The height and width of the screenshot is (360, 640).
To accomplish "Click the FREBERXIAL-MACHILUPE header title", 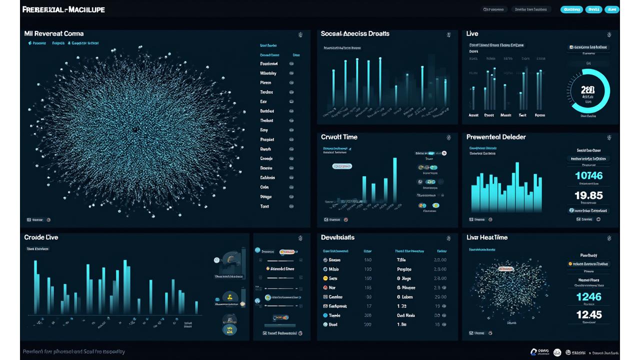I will pos(63,9).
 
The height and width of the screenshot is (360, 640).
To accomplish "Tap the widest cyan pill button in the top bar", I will pos(571,9).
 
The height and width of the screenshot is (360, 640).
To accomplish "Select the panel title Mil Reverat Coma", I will pos(54,34).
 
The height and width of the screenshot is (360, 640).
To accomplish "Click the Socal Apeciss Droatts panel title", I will pos(355,34).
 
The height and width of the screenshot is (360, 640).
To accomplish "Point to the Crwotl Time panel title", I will pos(339,137).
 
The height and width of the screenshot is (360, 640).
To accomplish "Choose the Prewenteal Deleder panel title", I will pos(496,137).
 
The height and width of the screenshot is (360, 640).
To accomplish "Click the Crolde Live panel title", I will pos(41,237).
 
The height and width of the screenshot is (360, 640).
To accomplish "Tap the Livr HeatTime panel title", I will pos(487,237).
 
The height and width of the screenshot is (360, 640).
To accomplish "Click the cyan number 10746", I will pos(588,175).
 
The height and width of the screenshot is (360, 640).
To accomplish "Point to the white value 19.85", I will pos(588,195).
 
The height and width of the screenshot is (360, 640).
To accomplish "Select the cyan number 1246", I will pos(588,297).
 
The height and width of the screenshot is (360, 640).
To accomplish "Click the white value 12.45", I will pos(588,315).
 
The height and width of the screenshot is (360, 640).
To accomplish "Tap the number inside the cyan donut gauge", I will pos(588,90).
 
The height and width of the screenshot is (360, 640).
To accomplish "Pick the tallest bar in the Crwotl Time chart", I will pos(394,180).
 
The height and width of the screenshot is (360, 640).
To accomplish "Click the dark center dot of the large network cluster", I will pos(134,129).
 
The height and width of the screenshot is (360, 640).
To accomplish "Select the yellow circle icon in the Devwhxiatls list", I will pos(325,278).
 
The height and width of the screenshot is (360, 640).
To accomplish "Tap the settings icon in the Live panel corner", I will pos(609,34).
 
